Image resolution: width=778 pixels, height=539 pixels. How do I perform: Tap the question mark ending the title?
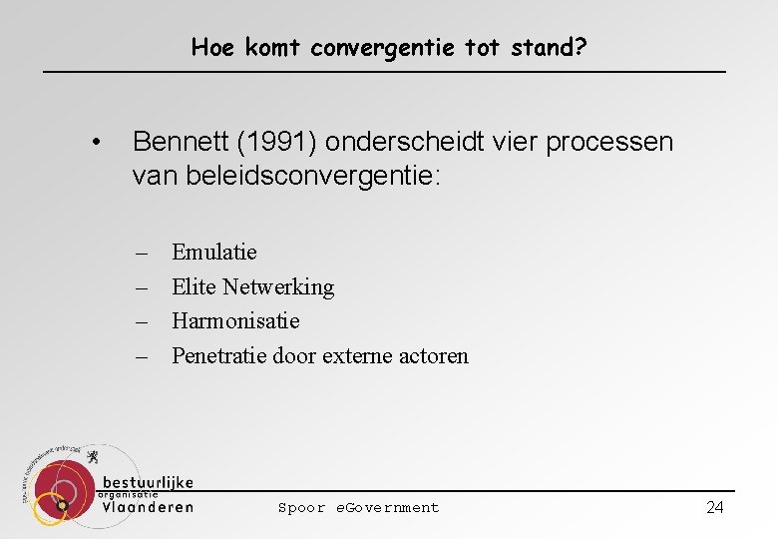coord(580,47)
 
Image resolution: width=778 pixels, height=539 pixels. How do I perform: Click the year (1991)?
coord(284,142)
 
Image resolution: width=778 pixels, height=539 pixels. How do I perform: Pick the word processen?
coord(610,142)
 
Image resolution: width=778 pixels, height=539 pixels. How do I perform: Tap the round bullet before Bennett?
coord(94,143)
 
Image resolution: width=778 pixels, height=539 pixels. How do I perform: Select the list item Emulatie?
coord(213,252)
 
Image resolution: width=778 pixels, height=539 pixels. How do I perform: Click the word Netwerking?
coord(278,286)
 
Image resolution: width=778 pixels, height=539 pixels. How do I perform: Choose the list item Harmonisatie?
coord(235,320)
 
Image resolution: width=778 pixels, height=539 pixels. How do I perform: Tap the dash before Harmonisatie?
coord(143,321)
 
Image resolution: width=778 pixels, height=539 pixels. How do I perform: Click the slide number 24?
coord(714,507)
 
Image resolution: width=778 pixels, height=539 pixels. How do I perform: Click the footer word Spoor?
coord(301,507)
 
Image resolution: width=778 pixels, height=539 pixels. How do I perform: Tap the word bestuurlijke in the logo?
coord(148,482)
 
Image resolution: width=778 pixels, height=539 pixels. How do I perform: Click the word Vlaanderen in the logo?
coord(148,506)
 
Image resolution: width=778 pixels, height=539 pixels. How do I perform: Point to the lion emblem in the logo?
coord(93,459)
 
